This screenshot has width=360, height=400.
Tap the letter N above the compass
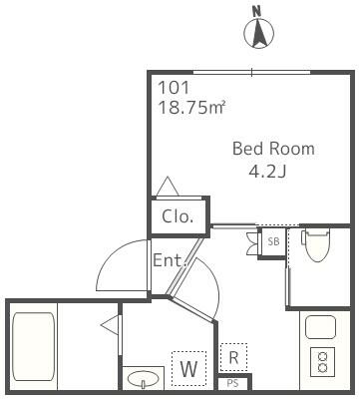click(x=257, y=11)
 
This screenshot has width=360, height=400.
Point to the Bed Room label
click(x=272, y=149)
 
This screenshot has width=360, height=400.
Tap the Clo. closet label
click(x=178, y=215)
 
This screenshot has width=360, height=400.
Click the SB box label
click(x=273, y=240)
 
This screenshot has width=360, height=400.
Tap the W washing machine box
click(x=187, y=367)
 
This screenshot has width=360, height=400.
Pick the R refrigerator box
click(x=233, y=356)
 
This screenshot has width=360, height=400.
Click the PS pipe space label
click(x=233, y=383)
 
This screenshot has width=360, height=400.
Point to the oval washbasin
click(x=144, y=380)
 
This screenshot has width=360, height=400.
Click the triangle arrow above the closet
click(x=167, y=186)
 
